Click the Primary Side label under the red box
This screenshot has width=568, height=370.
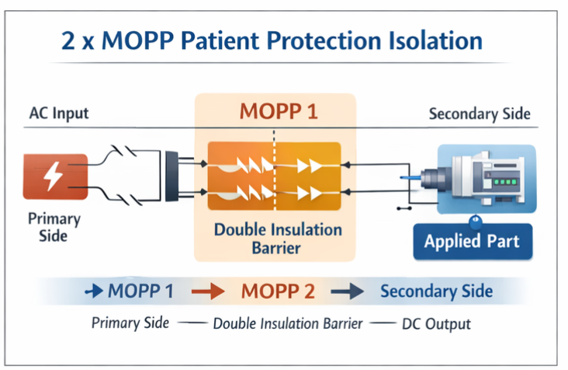pos(53,226)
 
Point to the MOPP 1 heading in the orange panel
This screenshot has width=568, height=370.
pos(276,111)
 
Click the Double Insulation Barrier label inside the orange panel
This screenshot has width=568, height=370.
pos(276,239)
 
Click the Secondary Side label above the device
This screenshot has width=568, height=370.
pos(480,114)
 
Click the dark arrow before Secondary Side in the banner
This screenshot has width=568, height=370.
pos(348,291)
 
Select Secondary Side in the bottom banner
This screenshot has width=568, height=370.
pos(436,291)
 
